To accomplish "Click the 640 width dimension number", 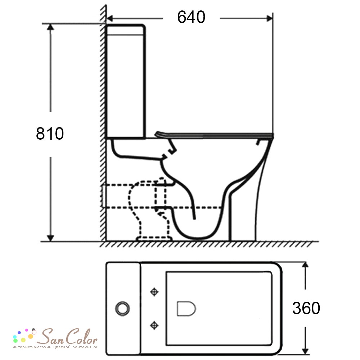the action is (191, 17).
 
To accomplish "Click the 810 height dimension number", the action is (50, 134).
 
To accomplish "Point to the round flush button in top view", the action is (123, 309).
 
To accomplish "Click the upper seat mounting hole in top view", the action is (154, 292).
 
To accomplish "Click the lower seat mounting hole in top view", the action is (154, 325).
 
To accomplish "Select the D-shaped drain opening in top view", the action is (186, 309).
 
